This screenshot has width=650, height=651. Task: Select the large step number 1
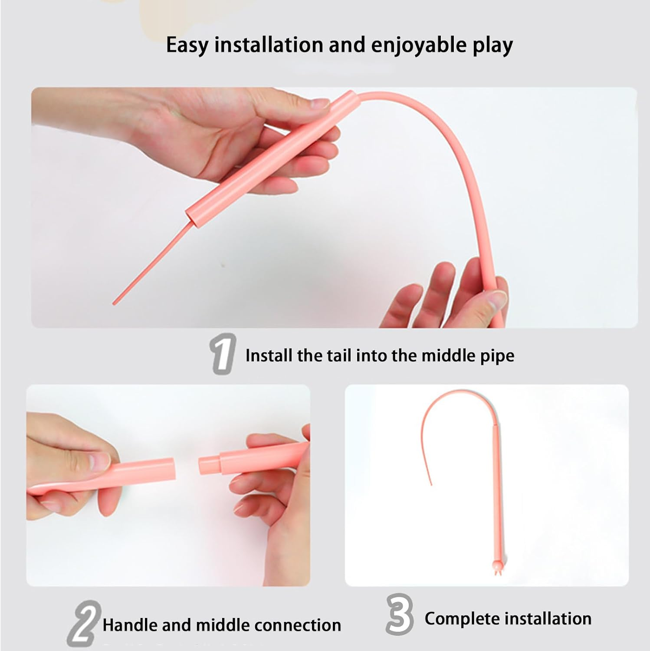pyautogui.click(x=223, y=354)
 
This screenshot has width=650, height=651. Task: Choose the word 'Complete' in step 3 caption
pyautogui.click(x=460, y=618)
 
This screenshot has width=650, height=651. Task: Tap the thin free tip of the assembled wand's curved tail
pyautogui.click(x=431, y=483)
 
